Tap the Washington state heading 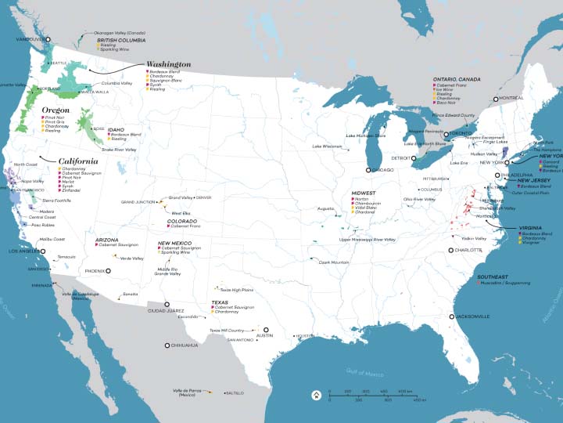pos(169,64)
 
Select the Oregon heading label pos(56,110)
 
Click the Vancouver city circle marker pos(47,38)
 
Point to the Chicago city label pos(382,170)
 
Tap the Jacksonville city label pos(472,316)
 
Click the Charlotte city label pos(469,250)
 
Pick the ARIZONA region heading pos(106,240)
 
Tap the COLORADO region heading pos(181,221)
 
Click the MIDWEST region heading pos(364,193)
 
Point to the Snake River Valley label pos(119,150)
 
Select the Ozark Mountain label pos(333,262)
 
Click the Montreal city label pos(511,99)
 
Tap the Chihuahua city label pos(185,345)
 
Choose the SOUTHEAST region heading pos(493,277)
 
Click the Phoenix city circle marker pos(109,270)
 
